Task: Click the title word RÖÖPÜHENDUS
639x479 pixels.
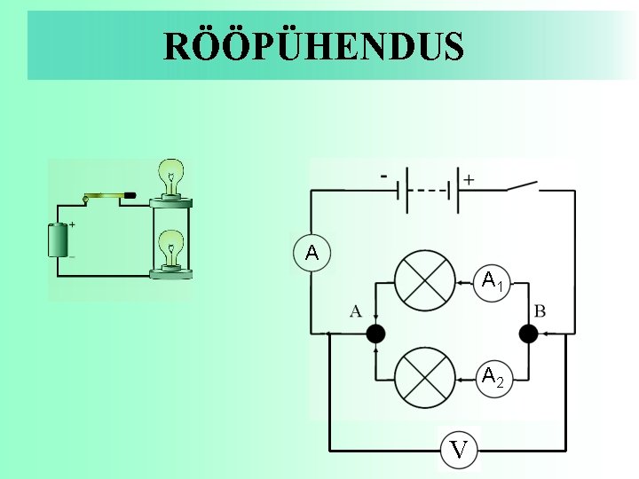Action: [x=313, y=46]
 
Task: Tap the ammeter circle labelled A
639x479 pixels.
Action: [x=312, y=254]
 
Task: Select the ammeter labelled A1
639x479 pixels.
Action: [x=493, y=283]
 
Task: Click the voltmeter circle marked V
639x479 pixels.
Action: [x=458, y=450]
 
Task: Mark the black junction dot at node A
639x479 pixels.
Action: [x=376, y=334]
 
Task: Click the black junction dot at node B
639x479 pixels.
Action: [x=528, y=334]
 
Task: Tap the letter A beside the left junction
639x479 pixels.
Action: [x=356, y=310]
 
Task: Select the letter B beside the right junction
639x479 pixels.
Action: [x=540, y=310]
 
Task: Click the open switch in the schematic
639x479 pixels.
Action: [x=523, y=186]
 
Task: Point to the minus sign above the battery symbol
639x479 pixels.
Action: [x=383, y=175]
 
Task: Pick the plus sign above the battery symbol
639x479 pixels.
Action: [x=469, y=178]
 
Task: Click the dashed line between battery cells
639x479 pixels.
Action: [x=430, y=191]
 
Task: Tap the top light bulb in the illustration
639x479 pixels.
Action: [x=171, y=176]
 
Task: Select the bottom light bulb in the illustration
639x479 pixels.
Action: [x=170, y=247]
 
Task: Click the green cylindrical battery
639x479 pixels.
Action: [x=60, y=239]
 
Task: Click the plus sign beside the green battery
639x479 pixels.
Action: [x=72, y=225]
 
